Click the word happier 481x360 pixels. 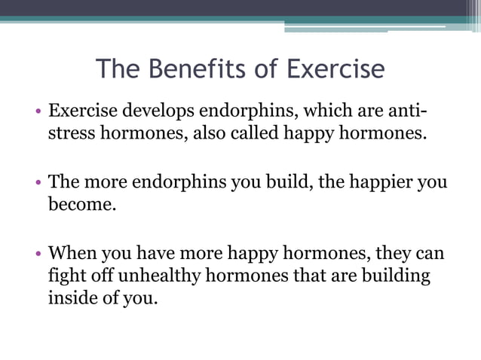pyautogui.click(x=372, y=183)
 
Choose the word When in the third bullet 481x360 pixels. pyautogui.click(x=72, y=253)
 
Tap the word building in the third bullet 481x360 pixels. pyautogui.click(x=397, y=276)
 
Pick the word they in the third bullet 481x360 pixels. pyautogui.click(x=397, y=253)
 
